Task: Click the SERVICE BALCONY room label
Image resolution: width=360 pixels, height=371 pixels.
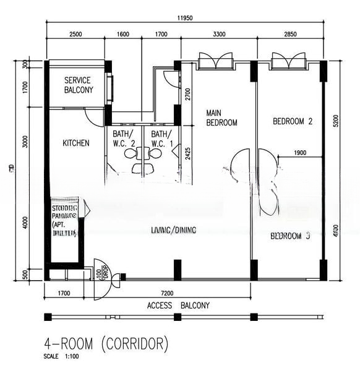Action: [x=78, y=85]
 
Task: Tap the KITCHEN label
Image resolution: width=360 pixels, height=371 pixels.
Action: [x=76, y=143]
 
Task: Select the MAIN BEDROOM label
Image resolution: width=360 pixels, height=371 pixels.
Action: [x=221, y=117]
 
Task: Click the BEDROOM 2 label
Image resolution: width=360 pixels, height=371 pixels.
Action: [x=292, y=122]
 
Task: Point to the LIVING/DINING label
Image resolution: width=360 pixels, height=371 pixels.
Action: [x=173, y=231]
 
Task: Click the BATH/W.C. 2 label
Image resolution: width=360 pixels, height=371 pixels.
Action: [x=124, y=139]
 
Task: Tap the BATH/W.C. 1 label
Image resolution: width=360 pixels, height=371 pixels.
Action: [x=162, y=139]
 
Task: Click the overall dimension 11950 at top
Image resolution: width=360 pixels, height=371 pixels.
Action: [x=184, y=18]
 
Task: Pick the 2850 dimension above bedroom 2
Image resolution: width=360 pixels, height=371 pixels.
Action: [x=290, y=35]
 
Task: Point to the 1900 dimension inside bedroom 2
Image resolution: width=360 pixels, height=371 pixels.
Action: [x=301, y=153]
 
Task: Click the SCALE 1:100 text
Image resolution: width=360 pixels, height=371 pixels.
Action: [x=61, y=356]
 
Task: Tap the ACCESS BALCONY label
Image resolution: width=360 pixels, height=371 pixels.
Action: [x=178, y=305]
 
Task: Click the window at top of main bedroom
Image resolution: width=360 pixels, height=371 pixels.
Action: [x=215, y=62]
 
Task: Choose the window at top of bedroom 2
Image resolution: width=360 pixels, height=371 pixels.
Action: [x=288, y=62]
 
